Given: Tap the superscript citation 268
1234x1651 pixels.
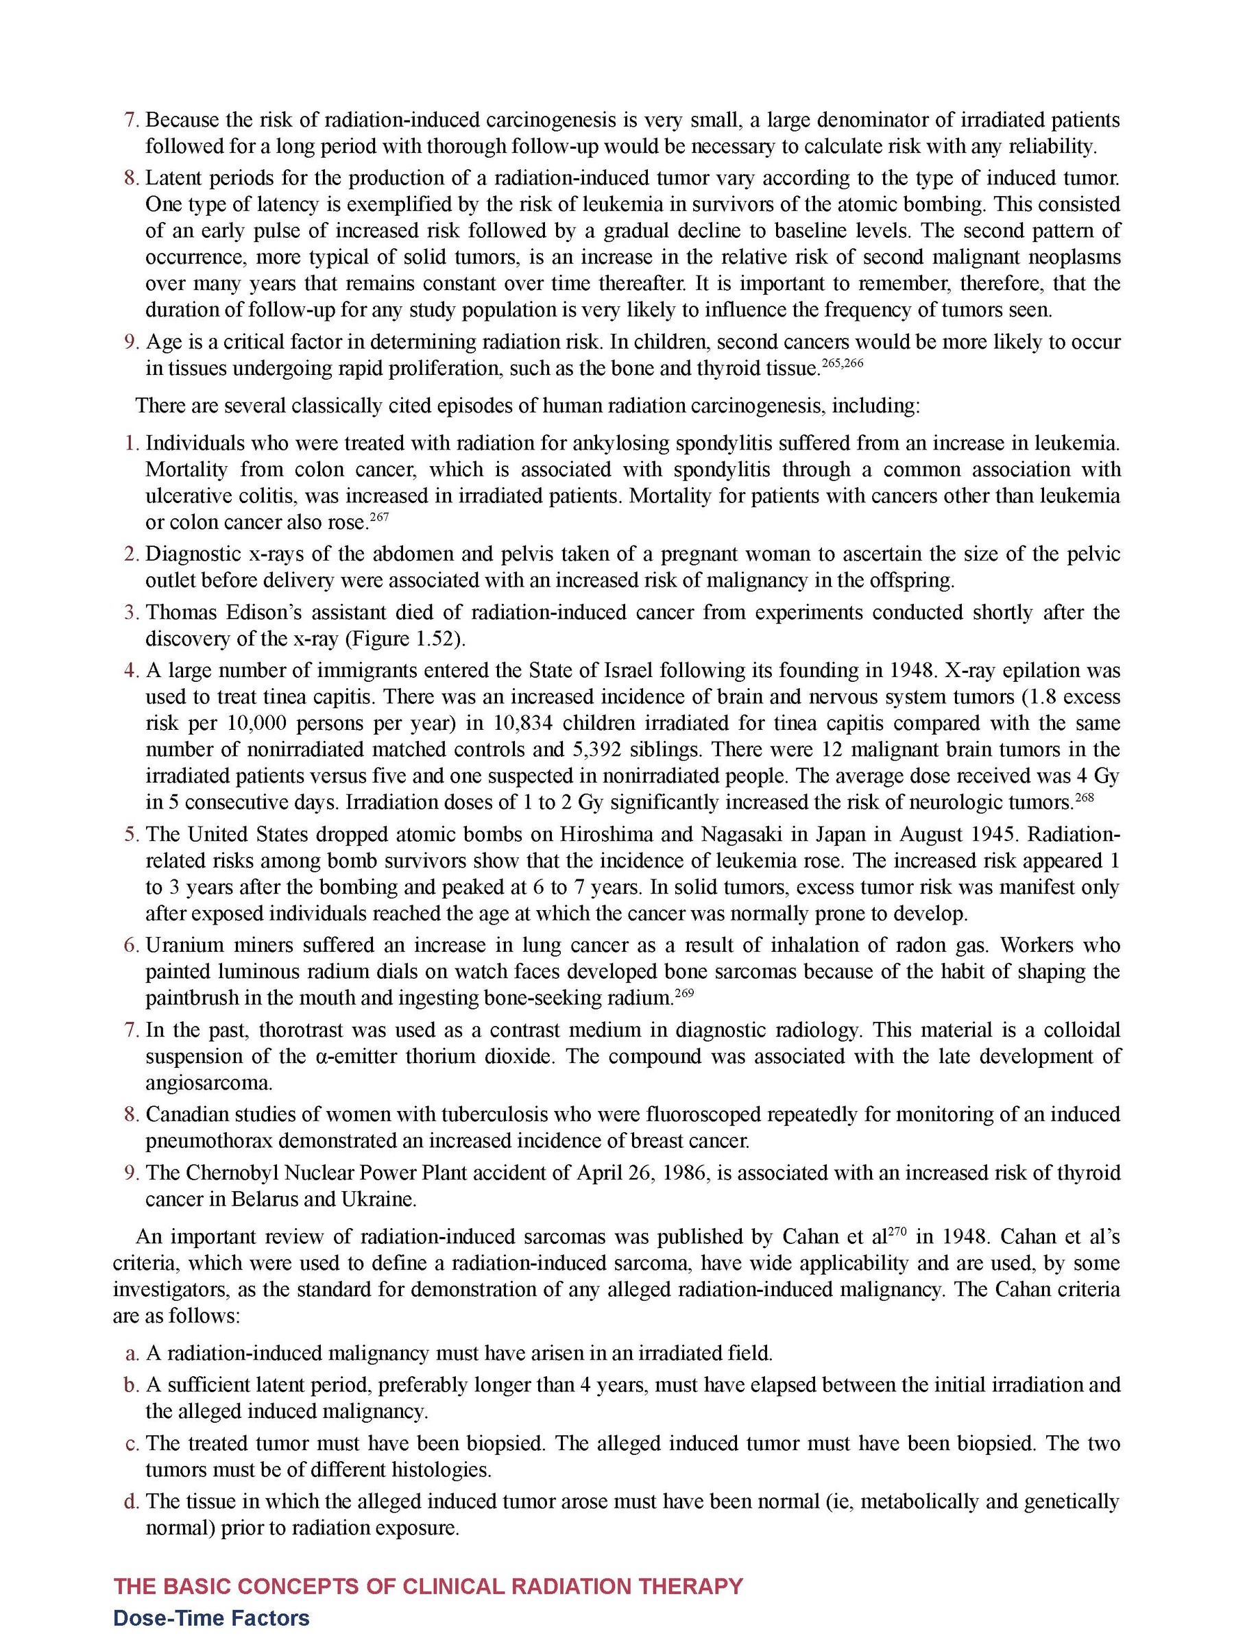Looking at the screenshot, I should click(x=1084, y=796).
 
